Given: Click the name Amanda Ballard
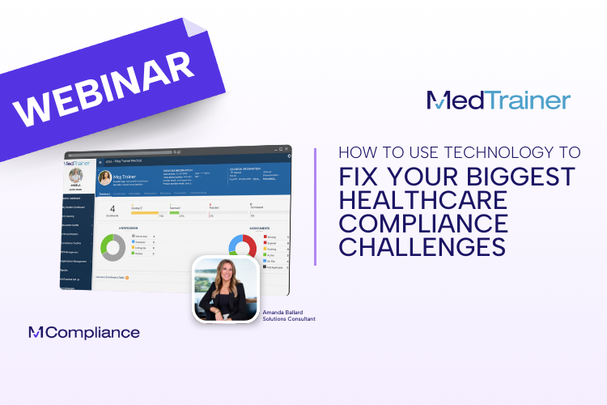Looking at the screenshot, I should click(x=286, y=311).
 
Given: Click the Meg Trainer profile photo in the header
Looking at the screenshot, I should click(x=105, y=177).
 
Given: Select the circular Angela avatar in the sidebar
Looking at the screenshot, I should click(x=76, y=175).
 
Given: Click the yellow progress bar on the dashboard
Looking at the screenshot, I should click(x=145, y=213).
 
